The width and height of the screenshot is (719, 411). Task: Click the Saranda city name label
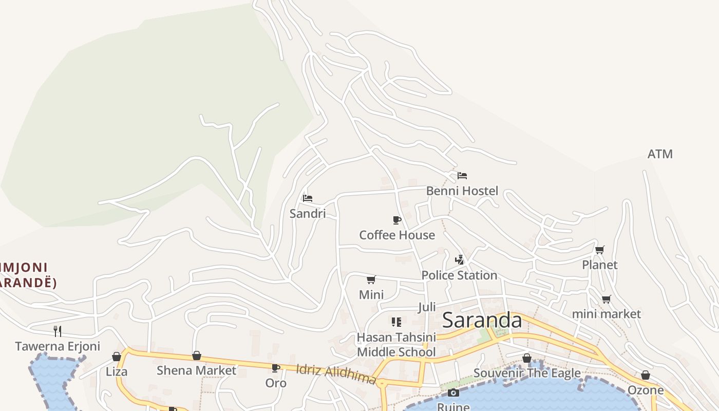coord(482,320)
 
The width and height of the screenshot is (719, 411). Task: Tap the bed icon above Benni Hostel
coord(462,176)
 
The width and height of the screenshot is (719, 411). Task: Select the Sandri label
coord(308,213)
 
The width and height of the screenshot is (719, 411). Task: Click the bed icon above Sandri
coord(308,198)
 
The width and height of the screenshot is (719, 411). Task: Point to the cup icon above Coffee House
coord(397,220)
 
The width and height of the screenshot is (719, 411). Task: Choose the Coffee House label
coord(397,235)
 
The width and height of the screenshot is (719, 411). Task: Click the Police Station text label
coord(459,275)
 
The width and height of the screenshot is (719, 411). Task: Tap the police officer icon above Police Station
coord(459,259)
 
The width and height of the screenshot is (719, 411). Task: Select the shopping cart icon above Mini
coord(371,279)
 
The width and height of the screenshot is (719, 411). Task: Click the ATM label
coord(660,154)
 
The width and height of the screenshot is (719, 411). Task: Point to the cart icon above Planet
coord(599,250)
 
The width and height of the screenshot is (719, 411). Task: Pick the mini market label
coord(607,313)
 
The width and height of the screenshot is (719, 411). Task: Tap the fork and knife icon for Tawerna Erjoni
coord(58,331)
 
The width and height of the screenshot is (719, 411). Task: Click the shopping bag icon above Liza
coord(117,357)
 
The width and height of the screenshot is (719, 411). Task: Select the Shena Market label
coord(196,370)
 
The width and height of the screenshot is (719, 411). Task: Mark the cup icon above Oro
coord(276,368)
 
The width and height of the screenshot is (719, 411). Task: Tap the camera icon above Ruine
coord(453,393)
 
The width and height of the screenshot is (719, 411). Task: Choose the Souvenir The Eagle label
coord(527,373)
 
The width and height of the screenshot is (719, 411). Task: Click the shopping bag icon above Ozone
coord(646,376)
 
